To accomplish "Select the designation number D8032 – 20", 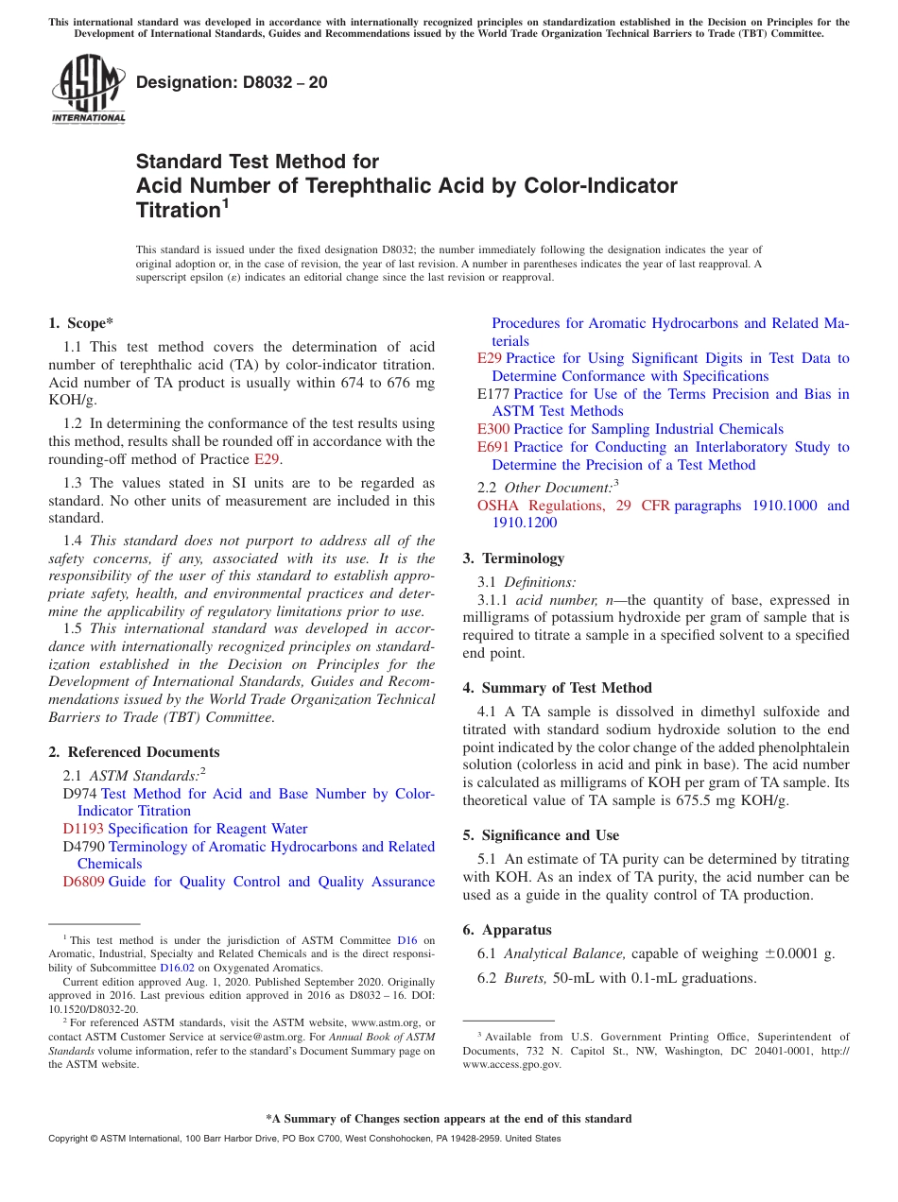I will pyautogui.click(x=232, y=82).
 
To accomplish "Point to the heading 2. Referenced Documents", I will pyautogui.click(x=133, y=752).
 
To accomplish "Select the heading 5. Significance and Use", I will pyautogui.click(x=541, y=835).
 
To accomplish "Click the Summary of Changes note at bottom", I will pyautogui.click(x=448, y=1119).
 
